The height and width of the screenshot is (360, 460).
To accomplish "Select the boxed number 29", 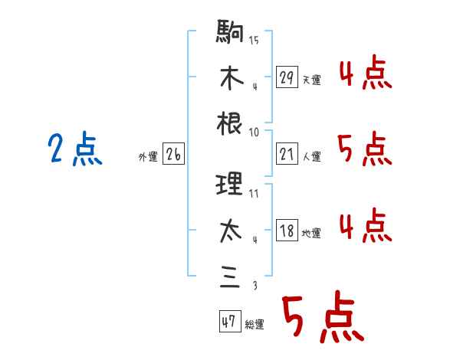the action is (x=287, y=77).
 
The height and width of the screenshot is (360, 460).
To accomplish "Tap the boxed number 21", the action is (x=287, y=154).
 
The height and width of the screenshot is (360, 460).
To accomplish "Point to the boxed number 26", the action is (x=173, y=154).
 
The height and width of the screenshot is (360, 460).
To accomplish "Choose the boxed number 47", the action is (x=228, y=322).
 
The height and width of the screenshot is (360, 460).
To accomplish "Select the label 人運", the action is (x=311, y=156).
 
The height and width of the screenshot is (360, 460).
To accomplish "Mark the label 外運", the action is (x=147, y=156).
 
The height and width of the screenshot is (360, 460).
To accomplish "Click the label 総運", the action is (x=255, y=324).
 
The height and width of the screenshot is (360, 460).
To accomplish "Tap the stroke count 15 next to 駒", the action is (x=254, y=40).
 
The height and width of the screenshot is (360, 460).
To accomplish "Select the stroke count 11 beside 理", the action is (x=254, y=192).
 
